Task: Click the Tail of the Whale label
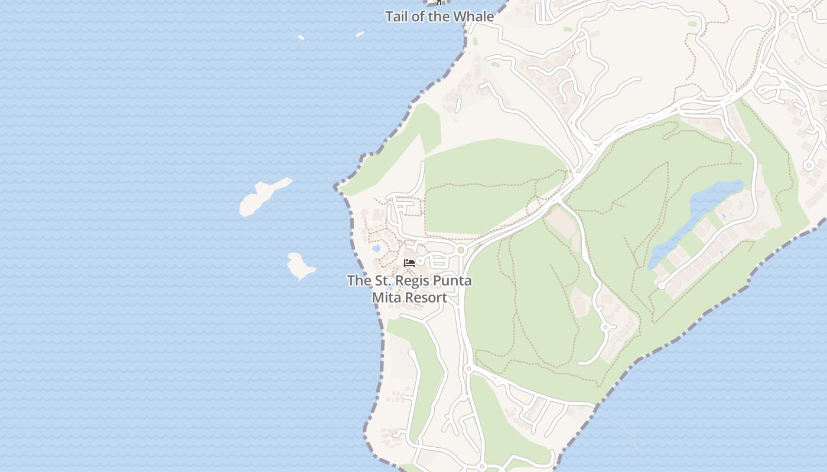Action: (x=439, y=17)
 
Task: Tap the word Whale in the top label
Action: (x=476, y=17)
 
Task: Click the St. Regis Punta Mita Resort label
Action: (x=409, y=289)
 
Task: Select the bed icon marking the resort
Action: (x=409, y=263)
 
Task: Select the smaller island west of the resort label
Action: (x=299, y=265)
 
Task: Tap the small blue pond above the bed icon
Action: (x=376, y=248)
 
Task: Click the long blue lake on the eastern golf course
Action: (x=697, y=221)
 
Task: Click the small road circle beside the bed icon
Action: (x=421, y=261)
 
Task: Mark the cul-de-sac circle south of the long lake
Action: (x=662, y=286)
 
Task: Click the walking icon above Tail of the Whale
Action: (x=439, y=2)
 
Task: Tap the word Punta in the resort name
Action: (x=452, y=281)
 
